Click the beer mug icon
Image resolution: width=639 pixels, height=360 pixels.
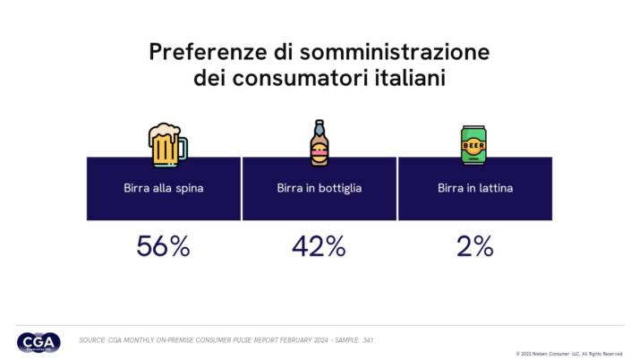(x=166, y=145)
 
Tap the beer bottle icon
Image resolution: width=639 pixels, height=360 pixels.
(x=319, y=143)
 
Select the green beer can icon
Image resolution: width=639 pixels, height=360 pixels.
(x=474, y=145)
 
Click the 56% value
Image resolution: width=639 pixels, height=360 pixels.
(x=163, y=246)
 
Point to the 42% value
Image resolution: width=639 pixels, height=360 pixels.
(x=319, y=246)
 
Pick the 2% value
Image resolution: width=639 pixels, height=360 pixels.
(x=474, y=246)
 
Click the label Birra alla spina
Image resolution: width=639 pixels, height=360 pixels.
(x=163, y=189)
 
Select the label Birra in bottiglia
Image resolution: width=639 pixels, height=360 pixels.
(x=319, y=189)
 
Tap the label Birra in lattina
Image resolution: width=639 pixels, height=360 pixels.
(x=474, y=189)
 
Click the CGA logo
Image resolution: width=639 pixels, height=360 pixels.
(x=38, y=341)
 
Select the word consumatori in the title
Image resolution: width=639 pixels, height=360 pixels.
(x=301, y=78)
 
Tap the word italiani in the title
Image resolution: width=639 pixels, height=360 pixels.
(x=408, y=78)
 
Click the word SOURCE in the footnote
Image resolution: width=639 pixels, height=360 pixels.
(x=92, y=340)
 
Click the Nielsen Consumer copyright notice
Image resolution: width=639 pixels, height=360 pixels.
(x=569, y=354)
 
